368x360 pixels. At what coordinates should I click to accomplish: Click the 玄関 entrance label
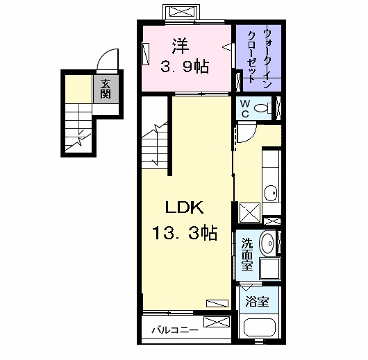(x=106, y=89)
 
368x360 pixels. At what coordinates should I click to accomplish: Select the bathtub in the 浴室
(x=260, y=327)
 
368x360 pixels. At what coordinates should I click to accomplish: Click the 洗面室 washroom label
(x=247, y=254)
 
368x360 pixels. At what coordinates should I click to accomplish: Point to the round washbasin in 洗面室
(x=267, y=243)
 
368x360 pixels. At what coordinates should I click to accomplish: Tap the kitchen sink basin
(x=271, y=194)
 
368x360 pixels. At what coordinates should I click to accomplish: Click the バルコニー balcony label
(x=175, y=330)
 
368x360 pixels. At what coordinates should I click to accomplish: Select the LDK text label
(x=185, y=207)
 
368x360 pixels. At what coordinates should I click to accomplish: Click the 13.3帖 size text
(x=185, y=232)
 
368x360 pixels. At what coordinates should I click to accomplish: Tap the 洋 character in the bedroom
(x=181, y=46)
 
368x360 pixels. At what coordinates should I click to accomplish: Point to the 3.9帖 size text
(x=185, y=67)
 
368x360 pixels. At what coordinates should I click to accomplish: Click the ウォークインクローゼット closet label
(x=260, y=57)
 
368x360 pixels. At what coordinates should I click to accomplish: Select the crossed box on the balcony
(x=217, y=322)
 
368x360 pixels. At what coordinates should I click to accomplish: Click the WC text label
(x=245, y=109)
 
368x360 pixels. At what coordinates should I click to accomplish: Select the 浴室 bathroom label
(x=257, y=302)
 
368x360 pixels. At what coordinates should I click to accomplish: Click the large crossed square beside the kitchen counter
(x=249, y=213)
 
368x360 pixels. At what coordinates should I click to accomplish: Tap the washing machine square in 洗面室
(x=270, y=268)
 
